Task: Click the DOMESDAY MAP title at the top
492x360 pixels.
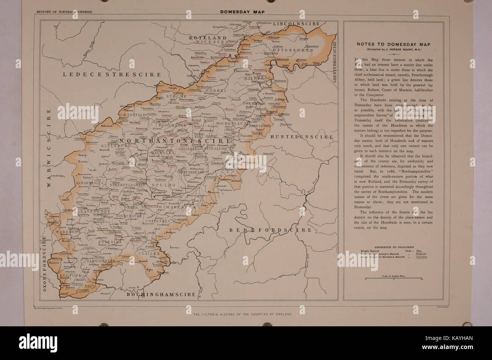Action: [x=242, y=12]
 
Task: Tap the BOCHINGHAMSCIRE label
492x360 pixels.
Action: [x=161, y=294]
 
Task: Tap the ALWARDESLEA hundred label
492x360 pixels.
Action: [x=88, y=183]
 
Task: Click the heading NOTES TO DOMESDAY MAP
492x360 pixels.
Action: [x=393, y=44]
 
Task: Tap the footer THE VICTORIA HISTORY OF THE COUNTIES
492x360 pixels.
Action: [x=242, y=315]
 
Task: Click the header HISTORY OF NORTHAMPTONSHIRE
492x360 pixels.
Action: [x=64, y=12]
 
